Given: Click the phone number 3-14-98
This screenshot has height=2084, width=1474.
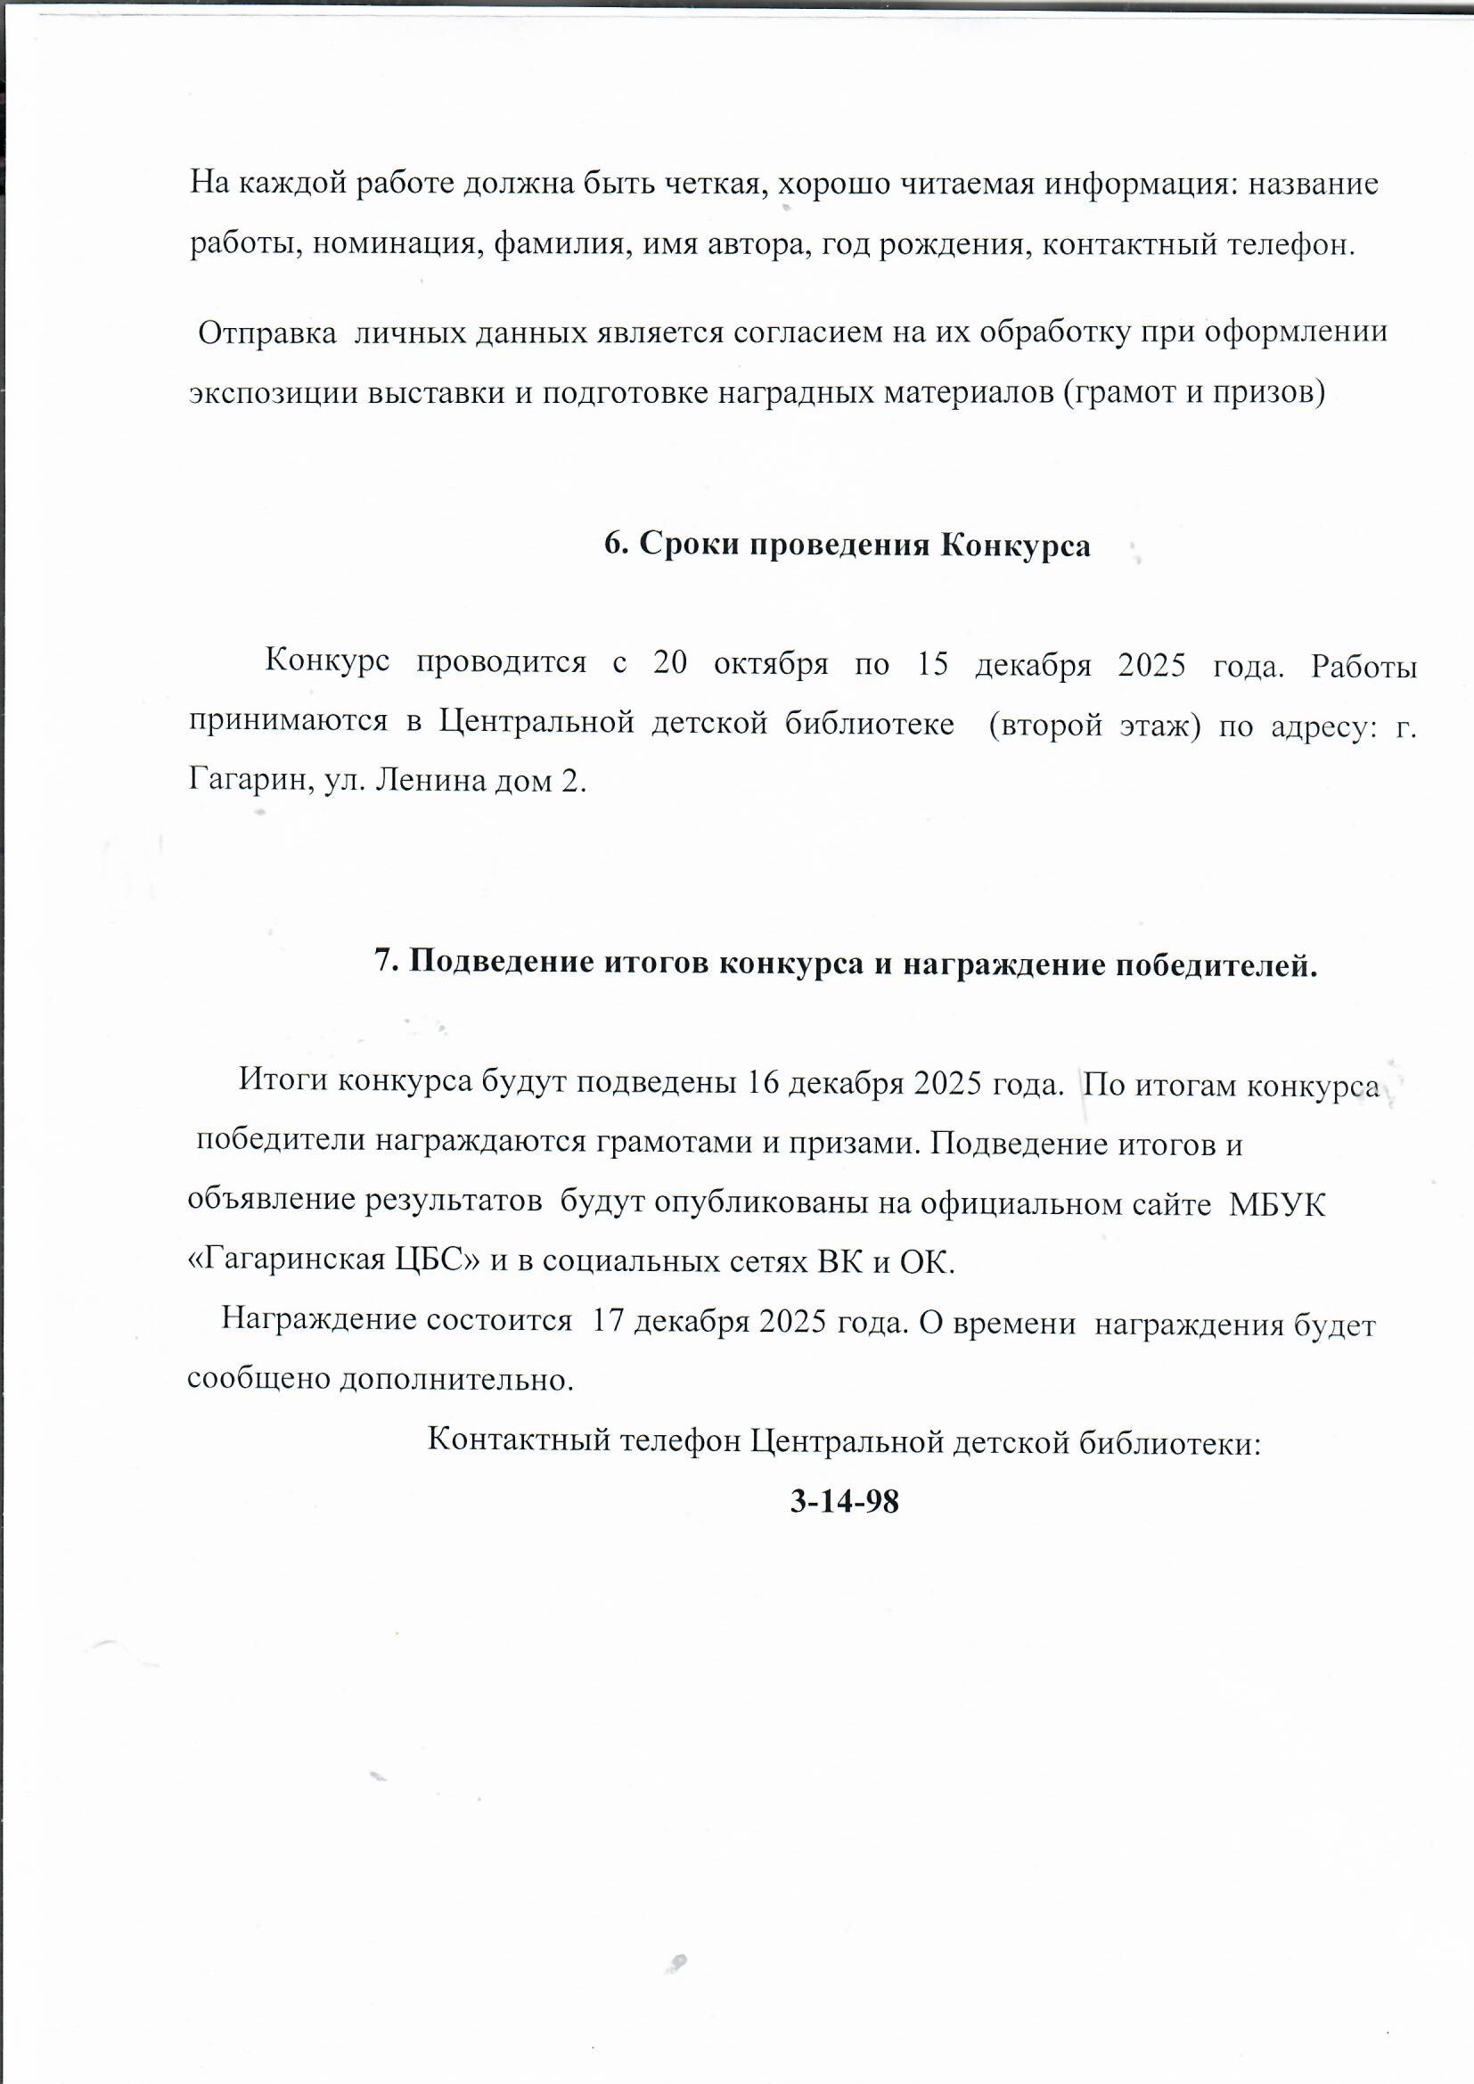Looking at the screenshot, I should click(x=844, y=1502).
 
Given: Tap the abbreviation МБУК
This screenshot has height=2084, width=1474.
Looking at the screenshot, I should click(x=1277, y=1205).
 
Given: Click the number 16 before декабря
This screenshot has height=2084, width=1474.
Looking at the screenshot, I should click(x=763, y=1085).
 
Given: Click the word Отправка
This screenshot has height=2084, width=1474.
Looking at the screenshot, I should click(x=266, y=333).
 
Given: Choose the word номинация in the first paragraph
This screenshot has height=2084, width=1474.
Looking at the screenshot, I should click(x=397, y=245).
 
